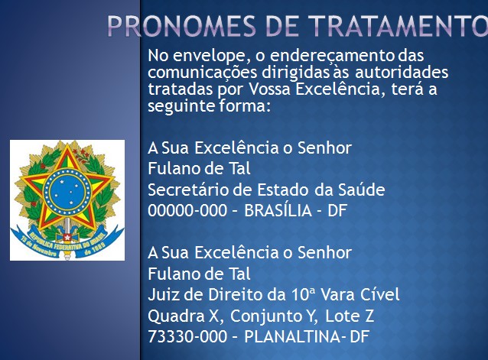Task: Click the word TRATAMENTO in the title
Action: click(x=398, y=26)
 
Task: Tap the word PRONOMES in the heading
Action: click(x=182, y=26)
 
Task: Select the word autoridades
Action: click(x=402, y=72)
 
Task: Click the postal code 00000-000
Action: click(x=187, y=210)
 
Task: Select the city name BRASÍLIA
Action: click(x=278, y=210)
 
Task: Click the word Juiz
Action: click(x=163, y=294)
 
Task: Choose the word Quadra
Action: click(x=177, y=316)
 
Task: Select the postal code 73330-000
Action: click(x=187, y=336)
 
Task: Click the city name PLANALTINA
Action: click(x=292, y=336)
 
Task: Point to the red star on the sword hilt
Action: click(x=67, y=238)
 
